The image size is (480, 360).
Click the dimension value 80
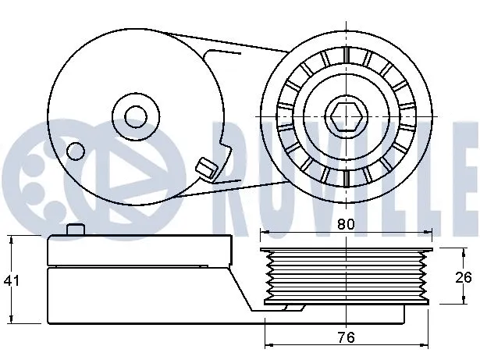click(347, 224)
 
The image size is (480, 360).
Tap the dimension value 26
click(464, 276)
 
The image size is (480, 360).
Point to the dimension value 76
click(347, 337)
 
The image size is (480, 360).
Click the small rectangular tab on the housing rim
click(205, 166)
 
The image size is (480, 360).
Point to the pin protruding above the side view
click(75, 230)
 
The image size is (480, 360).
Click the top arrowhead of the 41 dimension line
click(12, 239)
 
